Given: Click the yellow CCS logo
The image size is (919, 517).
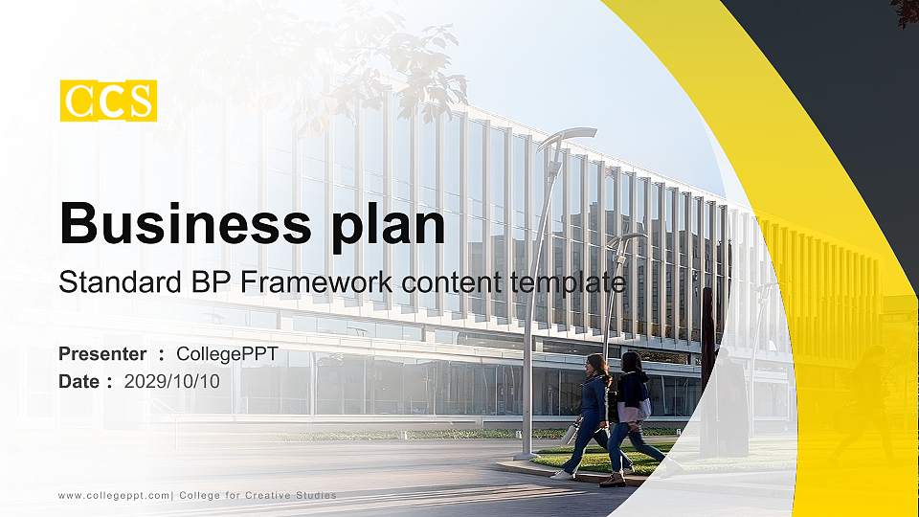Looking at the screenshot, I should pos(108,101).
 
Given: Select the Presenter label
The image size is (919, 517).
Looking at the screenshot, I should pos(102,354).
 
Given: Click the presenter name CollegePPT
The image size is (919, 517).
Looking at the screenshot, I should pos(227,354).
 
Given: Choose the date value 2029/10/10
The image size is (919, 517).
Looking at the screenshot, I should pos(172,381).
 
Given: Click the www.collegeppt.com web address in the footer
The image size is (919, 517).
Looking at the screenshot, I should pos(113,495).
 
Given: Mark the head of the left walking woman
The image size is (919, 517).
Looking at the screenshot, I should pos(595,364).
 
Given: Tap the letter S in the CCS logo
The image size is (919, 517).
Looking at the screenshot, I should pos(141,101).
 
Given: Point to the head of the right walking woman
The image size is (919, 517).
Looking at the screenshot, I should pos(632,361).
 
